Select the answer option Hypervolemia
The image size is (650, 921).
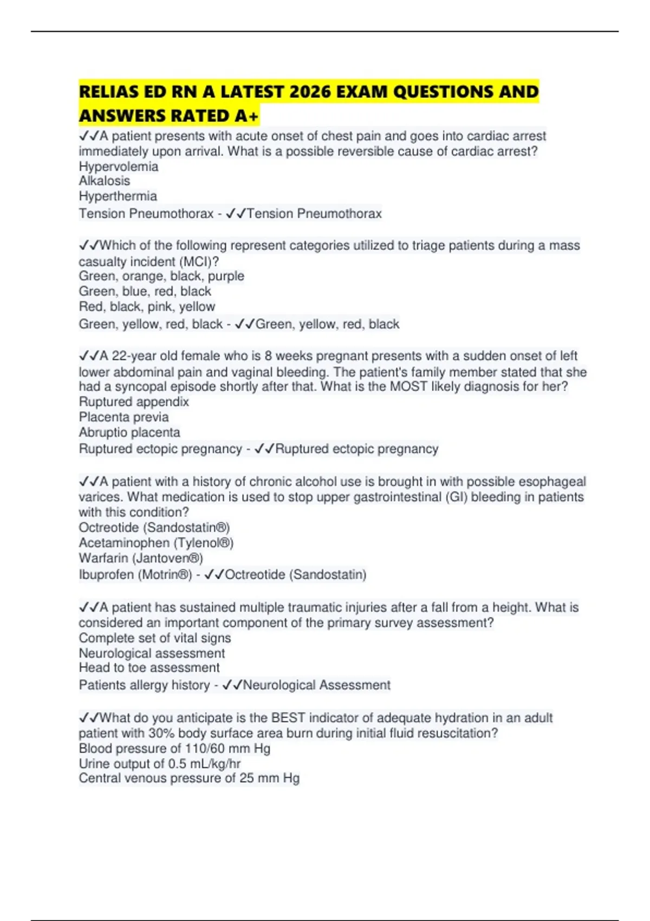click(119, 166)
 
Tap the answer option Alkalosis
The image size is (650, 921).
click(105, 181)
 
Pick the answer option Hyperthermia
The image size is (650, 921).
click(118, 196)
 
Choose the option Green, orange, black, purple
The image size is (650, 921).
click(161, 276)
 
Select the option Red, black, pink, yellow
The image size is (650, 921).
click(147, 307)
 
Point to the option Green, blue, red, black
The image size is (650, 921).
click(145, 291)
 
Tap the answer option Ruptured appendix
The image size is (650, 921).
click(134, 402)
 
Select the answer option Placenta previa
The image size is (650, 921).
click(123, 417)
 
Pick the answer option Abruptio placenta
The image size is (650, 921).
click(129, 432)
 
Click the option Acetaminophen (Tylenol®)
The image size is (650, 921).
click(156, 543)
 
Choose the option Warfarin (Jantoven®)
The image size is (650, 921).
click(141, 558)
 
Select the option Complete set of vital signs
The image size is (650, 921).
click(155, 638)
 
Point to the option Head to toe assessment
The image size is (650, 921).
click(149, 668)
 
